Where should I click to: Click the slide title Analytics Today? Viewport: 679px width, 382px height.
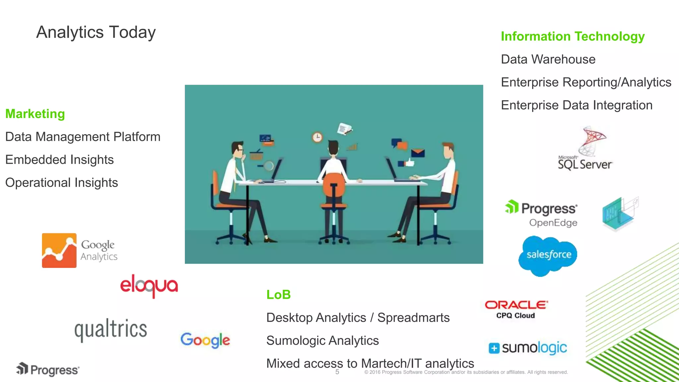(x=96, y=32)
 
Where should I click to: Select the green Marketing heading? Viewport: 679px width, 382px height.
(x=35, y=114)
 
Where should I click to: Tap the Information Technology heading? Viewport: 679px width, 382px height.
(x=573, y=36)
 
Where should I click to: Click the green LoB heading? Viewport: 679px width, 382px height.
(x=278, y=294)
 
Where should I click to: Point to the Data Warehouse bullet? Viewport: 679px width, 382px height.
(x=548, y=59)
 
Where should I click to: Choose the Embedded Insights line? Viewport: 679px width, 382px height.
(x=60, y=159)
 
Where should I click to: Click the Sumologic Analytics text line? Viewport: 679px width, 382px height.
(x=322, y=341)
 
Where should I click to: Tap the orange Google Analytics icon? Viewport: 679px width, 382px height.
(x=59, y=250)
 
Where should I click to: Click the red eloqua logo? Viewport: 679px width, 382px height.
(x=149, y=286)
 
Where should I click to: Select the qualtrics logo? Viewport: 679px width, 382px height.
(x=111, y=330)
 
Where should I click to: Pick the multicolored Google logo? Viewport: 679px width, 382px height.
(x=205, y=340)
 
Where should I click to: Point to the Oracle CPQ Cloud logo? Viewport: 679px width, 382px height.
(x=516, y=309)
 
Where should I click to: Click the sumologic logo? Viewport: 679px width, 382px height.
(x=528, y=348)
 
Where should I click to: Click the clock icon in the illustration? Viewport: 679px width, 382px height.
(x=317, y=137)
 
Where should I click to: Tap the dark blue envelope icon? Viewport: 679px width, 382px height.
(x=418, y=153)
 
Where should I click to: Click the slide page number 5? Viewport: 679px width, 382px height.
(x=337, y=372)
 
